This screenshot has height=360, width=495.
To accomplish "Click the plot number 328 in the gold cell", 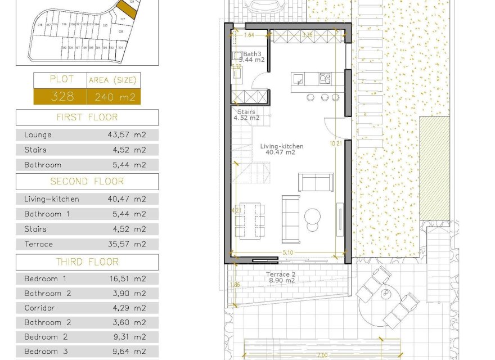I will pos(62,96).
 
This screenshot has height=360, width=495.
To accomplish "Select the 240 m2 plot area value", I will pos(113,97).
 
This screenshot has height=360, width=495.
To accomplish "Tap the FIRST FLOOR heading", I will pos(87,117).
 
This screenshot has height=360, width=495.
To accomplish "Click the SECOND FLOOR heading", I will pos(87,181).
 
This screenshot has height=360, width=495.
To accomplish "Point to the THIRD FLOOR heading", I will pos(87,262).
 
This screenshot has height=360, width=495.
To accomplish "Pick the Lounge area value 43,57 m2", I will pos(127,135).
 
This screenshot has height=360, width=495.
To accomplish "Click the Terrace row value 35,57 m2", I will pos(127,244).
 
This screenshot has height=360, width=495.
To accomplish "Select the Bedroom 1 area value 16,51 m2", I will pos(127,278).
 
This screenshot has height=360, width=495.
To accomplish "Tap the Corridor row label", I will pos(39,308).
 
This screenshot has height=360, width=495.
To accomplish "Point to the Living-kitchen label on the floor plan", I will pos(282,146).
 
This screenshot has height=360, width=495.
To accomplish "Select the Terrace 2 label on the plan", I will pos(281,274).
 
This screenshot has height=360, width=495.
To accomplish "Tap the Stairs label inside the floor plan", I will pos(246,112).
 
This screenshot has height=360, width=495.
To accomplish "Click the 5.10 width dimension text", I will pos(287,253).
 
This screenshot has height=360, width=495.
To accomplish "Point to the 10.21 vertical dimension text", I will pos(336,143).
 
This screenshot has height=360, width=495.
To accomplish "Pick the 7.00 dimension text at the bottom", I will pos(322,355).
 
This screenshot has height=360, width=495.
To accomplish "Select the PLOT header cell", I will pos(61,80).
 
